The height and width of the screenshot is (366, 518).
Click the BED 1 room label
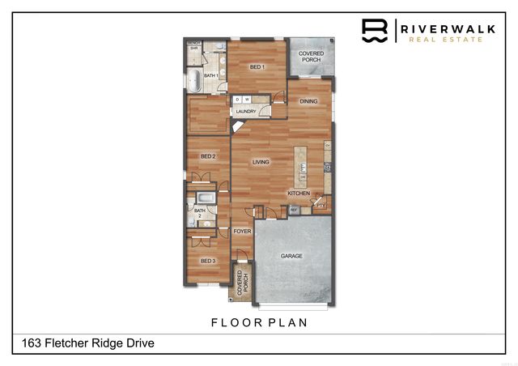(x=257, y=66)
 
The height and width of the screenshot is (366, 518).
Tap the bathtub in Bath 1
(x=194, y=79)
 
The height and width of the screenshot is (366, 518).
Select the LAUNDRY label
(x=246, y=112)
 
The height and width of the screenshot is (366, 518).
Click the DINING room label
(x=308, y=102)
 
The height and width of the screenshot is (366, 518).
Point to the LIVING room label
(x=261, y=163)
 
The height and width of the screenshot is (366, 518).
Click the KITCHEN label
(x=299, y=194)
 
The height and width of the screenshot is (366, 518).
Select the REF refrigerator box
(x=295, y=210)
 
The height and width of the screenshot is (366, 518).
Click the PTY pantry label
(x=321, y=205)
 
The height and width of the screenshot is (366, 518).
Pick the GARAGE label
(x=291, y=256)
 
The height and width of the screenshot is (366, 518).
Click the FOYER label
(x=242, y=232)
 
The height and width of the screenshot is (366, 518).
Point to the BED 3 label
(x=208, y=261)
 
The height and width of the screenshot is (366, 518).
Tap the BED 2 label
(x=208, y=156)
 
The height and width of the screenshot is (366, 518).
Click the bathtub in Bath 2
(x=205, y=198)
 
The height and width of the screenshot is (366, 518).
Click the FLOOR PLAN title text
(x=259, y=322)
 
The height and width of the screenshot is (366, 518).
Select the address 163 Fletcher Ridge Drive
(x=83, y=343)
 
